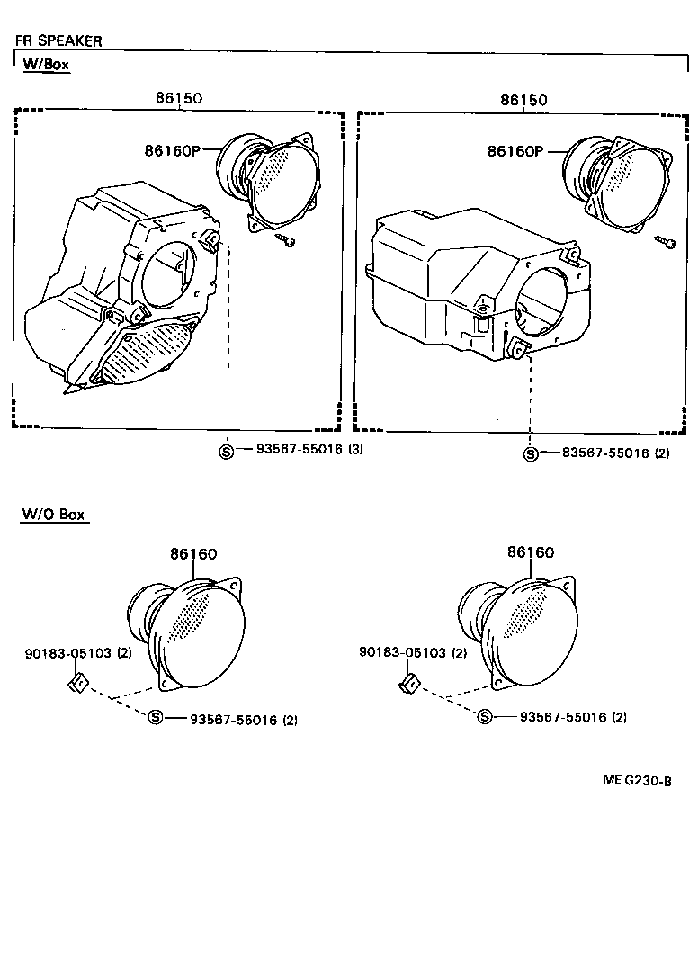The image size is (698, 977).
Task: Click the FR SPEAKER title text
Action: tap(58, 40)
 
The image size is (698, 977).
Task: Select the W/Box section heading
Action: tap(45, 65)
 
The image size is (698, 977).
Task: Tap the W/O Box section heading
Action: tap(53, 515)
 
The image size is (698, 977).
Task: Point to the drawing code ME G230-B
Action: tap(637, 781)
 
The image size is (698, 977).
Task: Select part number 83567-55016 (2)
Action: tap(609, 453)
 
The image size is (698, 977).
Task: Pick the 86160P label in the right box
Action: tap(515, 151)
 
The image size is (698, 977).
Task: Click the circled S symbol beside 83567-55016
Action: tap(531, 454)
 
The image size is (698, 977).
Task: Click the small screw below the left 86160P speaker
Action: tap(288, 241)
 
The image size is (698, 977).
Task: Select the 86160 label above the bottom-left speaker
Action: tap(193, 554)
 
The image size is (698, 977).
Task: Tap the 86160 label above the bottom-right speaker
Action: tap(530, 552)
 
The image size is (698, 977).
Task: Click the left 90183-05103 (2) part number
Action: tap(78, 653)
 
